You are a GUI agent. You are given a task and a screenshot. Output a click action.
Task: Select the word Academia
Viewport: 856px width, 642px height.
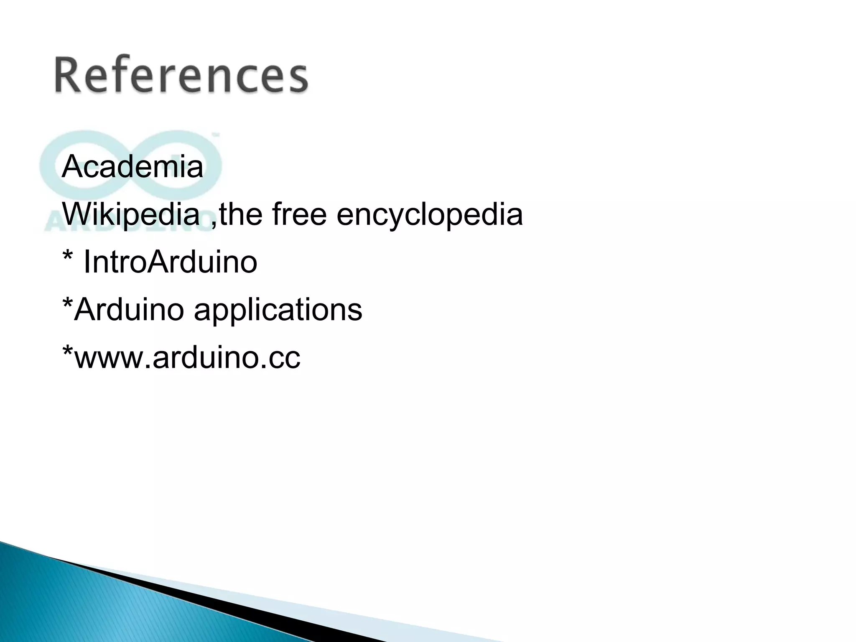point(132,167)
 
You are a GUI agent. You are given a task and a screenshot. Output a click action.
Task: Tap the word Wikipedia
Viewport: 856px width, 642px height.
point(131,214)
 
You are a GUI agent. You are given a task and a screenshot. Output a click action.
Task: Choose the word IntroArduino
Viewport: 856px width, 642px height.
point(170,262)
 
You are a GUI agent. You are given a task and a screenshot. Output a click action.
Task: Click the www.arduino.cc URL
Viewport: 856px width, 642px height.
point(186,358)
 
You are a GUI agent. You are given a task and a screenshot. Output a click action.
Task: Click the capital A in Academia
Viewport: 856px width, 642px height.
point(72,166)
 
